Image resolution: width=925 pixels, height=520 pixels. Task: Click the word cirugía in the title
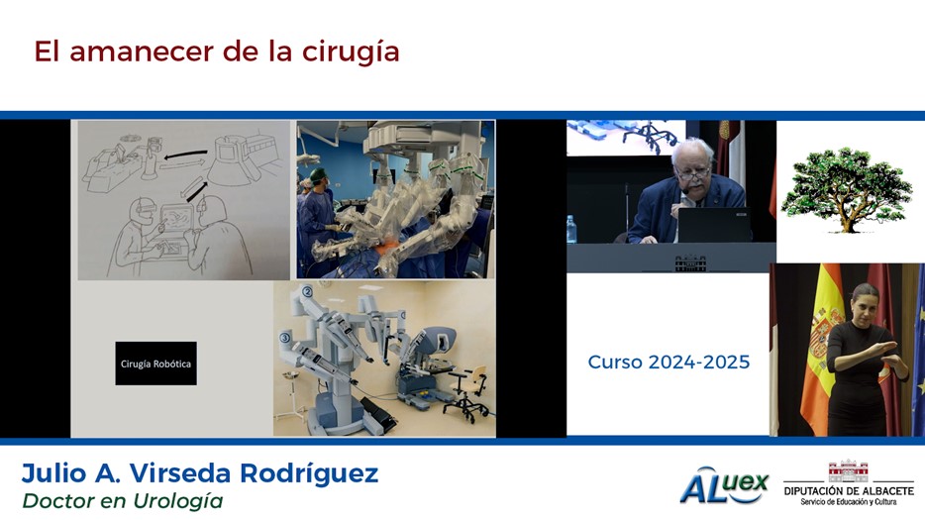pyautogui.click(x=351, y=52)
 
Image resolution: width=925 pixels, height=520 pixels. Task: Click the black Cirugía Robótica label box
pyautogui.click(x=155, y=364)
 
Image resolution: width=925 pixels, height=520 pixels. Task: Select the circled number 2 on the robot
pyautogui.click(x=307, y=291)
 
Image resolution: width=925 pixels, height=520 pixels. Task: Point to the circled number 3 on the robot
pyautogui.click(x=285, y=338)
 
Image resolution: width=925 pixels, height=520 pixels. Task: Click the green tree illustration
pyautogui.click(x=847, y=189)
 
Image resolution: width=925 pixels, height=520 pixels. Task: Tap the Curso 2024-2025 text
pyautogui.click(x=668, y=362)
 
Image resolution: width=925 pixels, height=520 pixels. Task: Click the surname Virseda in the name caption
pyautogui.click(x=180, y=473)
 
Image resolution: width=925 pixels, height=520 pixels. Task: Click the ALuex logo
pyautogui.click(x=724, y=485)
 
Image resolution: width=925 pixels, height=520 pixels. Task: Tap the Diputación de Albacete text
pyautogui.click(x=849, y=491)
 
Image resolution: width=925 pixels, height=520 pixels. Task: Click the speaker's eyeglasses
pyautogui.click(x=693, y=173)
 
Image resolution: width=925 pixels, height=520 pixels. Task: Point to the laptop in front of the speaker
pyautogui.click(x=714, y=225)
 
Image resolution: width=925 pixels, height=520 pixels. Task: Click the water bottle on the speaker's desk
pyautogui.click(x=571, y=230)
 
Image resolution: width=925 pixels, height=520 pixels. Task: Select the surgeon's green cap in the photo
pyautogui.click(x=318, y=174)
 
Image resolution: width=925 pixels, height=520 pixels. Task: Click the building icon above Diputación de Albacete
pyautogui.click(x=849, y=471)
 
